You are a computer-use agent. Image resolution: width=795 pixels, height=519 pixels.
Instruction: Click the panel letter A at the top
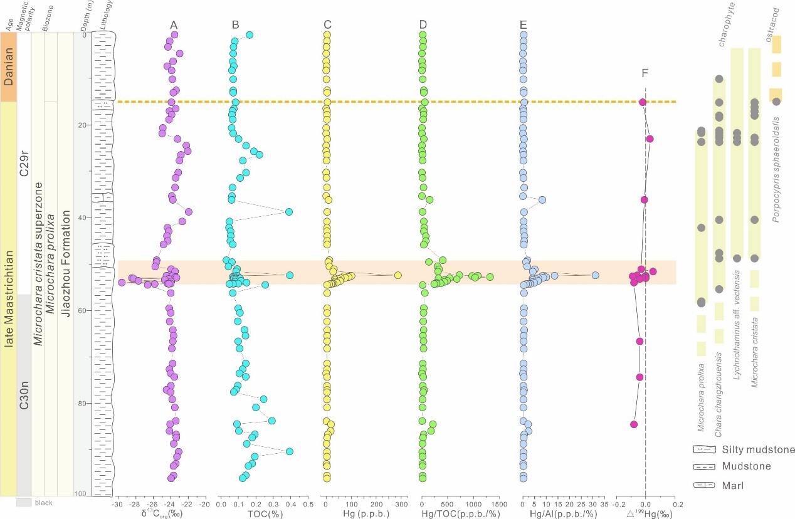(x=174, y=24)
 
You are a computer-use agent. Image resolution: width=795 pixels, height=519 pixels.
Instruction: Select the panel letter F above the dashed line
(x=645, y=73)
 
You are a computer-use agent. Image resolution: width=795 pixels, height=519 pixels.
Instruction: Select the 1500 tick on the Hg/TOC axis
(x=499, y=504)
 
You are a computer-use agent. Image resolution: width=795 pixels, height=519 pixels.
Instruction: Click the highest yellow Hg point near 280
(x=397, y=275)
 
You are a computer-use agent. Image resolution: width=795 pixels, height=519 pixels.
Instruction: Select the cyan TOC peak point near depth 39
(x=289, y=212)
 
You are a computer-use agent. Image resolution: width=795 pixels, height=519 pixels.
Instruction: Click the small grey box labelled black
(x=24, y=503)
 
